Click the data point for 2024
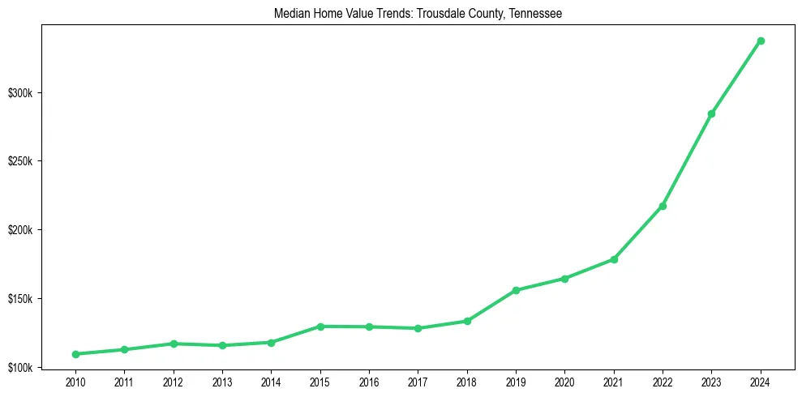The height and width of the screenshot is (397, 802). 761,41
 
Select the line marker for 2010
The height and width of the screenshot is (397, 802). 75,354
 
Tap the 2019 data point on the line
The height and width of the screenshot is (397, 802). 516,290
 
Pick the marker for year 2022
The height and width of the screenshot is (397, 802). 663,206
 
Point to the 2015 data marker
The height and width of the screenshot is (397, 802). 320,327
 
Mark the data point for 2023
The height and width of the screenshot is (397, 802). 711,113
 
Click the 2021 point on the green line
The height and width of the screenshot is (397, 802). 614,259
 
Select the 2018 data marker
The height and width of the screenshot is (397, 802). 467,321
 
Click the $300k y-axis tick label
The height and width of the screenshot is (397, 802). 19,93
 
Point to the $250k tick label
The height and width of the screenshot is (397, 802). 19,161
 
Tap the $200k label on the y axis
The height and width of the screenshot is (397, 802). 19,230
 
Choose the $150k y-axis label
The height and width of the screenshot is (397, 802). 19,299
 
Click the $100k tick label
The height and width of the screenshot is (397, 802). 19,368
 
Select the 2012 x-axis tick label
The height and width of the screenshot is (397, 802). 173,382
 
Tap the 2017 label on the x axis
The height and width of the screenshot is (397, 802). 418,382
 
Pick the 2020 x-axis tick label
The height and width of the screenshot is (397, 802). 564,382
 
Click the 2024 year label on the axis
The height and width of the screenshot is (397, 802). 761,382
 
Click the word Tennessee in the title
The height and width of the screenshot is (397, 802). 536,14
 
